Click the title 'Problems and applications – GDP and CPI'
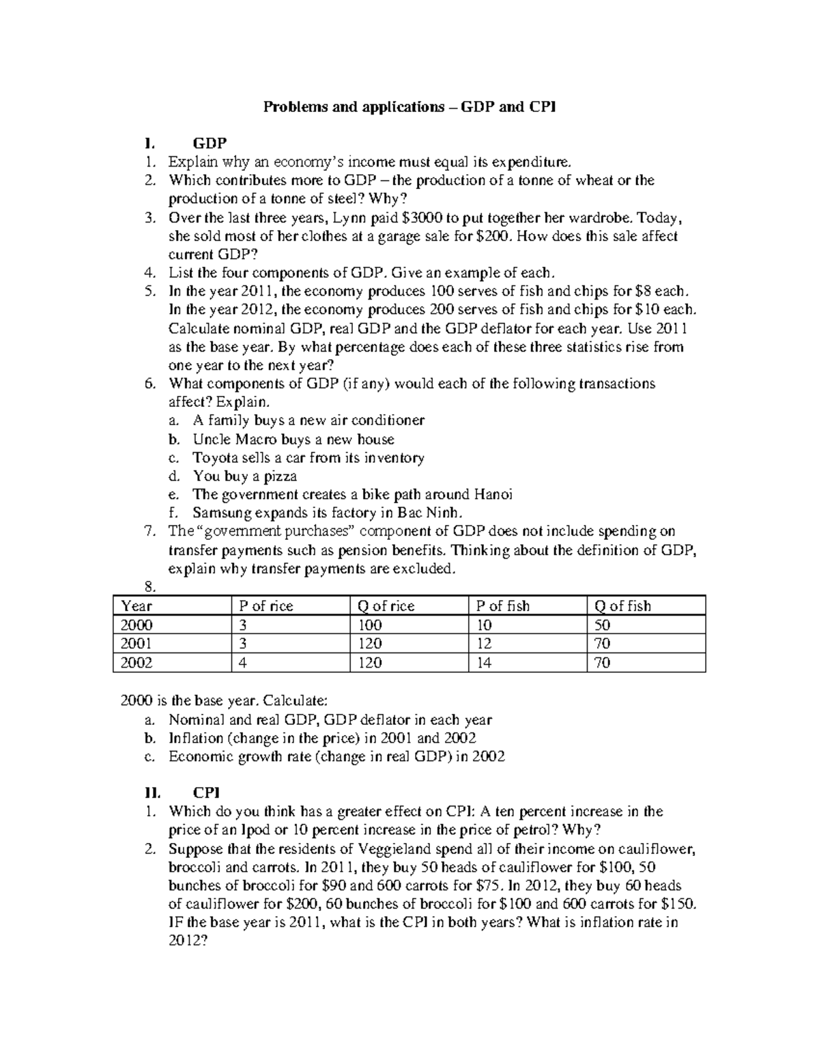[409, 107]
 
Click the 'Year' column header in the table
[136, 606]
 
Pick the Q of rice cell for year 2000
[369, 625]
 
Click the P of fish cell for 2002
[484, 663]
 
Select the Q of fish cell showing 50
[602, 625]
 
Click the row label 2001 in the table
[136, 644]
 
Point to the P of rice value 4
[243, 663]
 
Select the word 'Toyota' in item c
[214, 458]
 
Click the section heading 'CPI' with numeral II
[205, 792]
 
